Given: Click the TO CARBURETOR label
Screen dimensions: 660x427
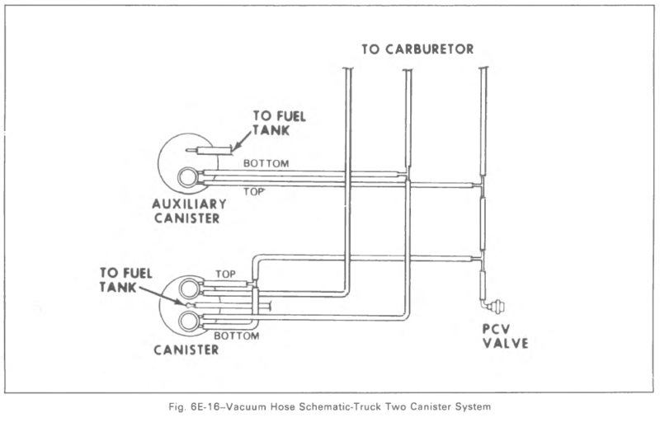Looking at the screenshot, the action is [x=417, y=49].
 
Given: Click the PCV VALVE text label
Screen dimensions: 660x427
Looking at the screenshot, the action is [x=505, y=335].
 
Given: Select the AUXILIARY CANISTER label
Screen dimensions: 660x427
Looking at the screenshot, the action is [x=189, y=211].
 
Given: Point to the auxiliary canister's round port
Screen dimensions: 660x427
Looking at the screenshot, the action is [x=188, y=177].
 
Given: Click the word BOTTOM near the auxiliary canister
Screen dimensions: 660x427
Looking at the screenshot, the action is [x=266, y=163].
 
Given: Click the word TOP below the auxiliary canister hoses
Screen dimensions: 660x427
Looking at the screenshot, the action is [x=254, y=192].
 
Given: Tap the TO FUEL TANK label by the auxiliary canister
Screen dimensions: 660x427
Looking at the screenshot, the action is [x=279, y=123].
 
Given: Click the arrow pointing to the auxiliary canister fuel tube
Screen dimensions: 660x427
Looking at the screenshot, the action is [x=242, y=139].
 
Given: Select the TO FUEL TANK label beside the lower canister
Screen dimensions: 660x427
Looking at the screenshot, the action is [x=126, y=280].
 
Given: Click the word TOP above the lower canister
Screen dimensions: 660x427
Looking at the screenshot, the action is [x=225, y=274].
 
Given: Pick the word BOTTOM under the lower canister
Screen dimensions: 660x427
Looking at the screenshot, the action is [x=237, y=335].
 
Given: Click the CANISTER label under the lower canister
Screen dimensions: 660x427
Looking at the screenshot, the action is [x=186, y=350].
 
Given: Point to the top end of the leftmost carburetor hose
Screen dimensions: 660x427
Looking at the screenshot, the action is [x=348, y=68].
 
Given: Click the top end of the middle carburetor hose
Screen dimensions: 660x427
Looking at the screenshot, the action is [x=408, y=69].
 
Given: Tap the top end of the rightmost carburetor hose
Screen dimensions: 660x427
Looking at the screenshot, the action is [x=483, y=68].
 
